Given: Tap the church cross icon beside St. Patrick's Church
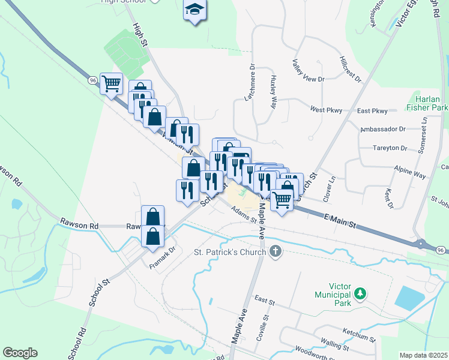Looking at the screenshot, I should (x=276, y=251).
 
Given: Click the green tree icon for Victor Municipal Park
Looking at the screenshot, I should (x=360, y=293).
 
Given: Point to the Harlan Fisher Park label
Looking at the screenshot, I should (x=432, y=103).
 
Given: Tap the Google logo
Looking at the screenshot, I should (x=20, y=353).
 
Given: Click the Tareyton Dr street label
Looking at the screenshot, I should (x=390, y=148).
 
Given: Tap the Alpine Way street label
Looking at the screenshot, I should (x=411, y=173).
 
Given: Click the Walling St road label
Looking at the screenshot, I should (x=335, y=345).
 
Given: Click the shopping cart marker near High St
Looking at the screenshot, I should (x=111, y=85).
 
